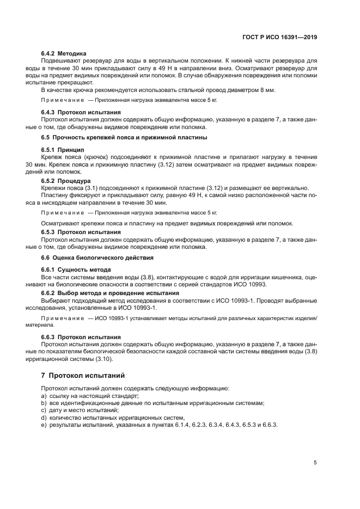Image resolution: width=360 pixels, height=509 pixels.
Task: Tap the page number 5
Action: pyautogui.click(x=315, y=462)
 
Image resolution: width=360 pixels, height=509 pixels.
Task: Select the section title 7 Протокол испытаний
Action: pyautogui.click(x=83, y=376)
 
